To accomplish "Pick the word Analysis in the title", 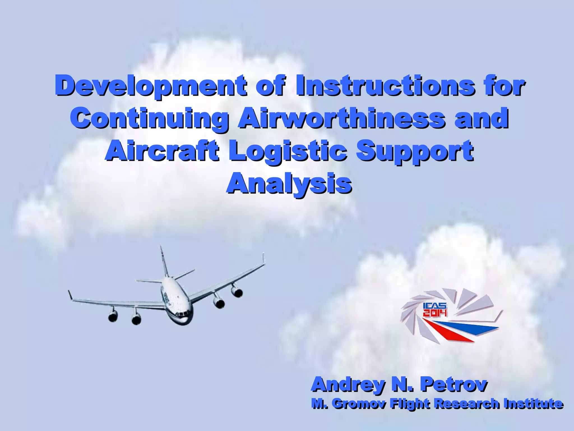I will click(289, 184).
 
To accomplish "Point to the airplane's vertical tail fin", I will click(164, 261).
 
